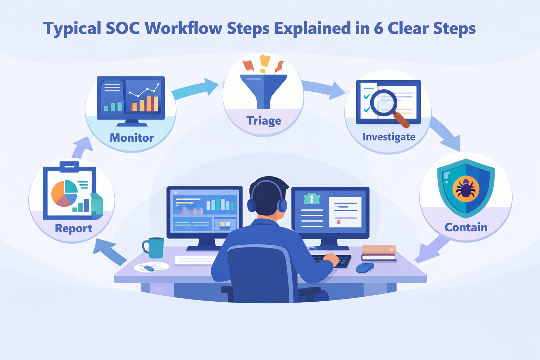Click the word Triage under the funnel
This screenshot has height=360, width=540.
[264, 121]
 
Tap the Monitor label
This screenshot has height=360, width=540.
[131, 138]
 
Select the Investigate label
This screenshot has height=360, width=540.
[389, 137]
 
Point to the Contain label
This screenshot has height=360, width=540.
[466, 227]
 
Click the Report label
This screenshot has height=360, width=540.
[73, 229]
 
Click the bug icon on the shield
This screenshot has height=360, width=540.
[466, 189]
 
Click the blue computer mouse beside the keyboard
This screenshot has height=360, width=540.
[365, 268]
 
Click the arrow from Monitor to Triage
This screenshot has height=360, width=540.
[195, 89]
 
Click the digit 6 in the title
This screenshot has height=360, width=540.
[378, 28]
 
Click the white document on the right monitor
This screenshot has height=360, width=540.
[345, 212]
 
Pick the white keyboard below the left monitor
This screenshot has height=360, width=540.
[195, 260]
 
